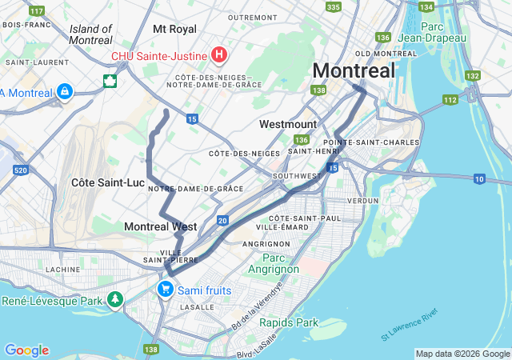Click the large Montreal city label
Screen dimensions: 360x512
tap(354, 70)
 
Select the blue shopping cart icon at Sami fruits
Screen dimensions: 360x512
tap(165, 289)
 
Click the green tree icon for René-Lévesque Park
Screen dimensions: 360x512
tap(116, 300)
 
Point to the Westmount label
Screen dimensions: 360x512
tap(288, 124)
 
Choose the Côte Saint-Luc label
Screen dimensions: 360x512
tap(108, 182)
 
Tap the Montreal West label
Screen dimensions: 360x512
tap(160, 226)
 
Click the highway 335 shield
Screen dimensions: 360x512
tap(333, 7)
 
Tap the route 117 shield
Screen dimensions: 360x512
tap(36, 11)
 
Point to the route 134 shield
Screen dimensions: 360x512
tap(426, 7)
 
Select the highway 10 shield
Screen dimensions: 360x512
tap(479, 178)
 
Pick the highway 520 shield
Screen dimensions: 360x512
tap(21, 170)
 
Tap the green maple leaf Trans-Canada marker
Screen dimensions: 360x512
tap(110, 81)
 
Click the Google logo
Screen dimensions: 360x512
tap(26, 350)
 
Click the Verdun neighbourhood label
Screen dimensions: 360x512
tap(362, 201)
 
